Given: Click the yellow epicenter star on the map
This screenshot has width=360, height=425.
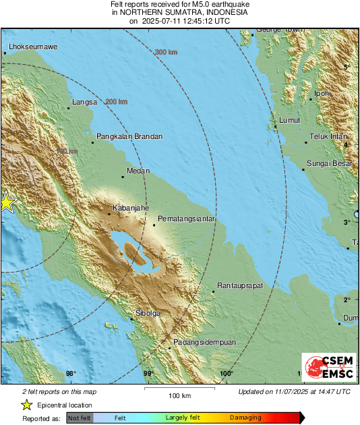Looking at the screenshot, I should coord(6,202).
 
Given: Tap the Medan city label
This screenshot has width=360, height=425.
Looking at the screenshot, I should coord(138,171).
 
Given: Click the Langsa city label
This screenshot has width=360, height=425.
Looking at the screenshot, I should coord(85,103).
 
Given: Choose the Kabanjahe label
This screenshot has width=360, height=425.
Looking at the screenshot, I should coord(130,208).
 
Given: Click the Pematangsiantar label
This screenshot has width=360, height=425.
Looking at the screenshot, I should coord(186,219).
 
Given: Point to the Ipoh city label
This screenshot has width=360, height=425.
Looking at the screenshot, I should coord(322,94).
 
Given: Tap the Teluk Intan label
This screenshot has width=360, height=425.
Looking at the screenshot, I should coord(328,137).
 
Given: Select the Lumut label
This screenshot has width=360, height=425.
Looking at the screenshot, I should coord(289,120).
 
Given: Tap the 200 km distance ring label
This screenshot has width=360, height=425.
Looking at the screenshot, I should coord(116,102).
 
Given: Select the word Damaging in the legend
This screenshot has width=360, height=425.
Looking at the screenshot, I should coord(245,418).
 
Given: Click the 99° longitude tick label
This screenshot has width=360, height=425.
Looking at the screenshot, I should coord(148,373).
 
